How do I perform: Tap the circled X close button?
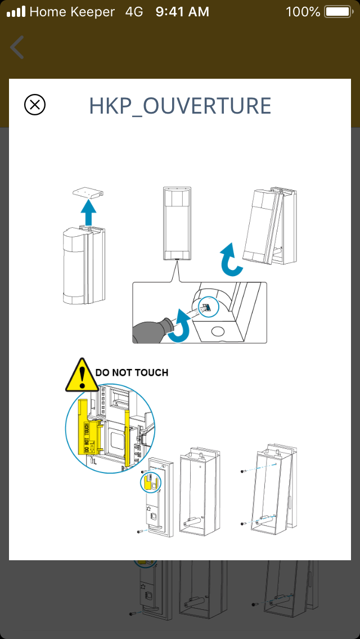coord(35,105)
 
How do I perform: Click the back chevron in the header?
coord(17,47)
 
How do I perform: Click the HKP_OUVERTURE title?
coord(180,106)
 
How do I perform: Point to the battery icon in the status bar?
coord(337,11)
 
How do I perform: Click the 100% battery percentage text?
coord(303,11)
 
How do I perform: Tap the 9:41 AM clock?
coord(182,11)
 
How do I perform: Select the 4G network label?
coord(134,11)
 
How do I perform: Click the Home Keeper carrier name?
coord(72,11)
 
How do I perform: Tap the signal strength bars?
coord(16,11)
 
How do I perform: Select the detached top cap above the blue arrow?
coord(89,192)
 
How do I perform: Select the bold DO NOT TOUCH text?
coord(132,372)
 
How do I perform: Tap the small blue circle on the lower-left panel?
coord(150,481)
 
